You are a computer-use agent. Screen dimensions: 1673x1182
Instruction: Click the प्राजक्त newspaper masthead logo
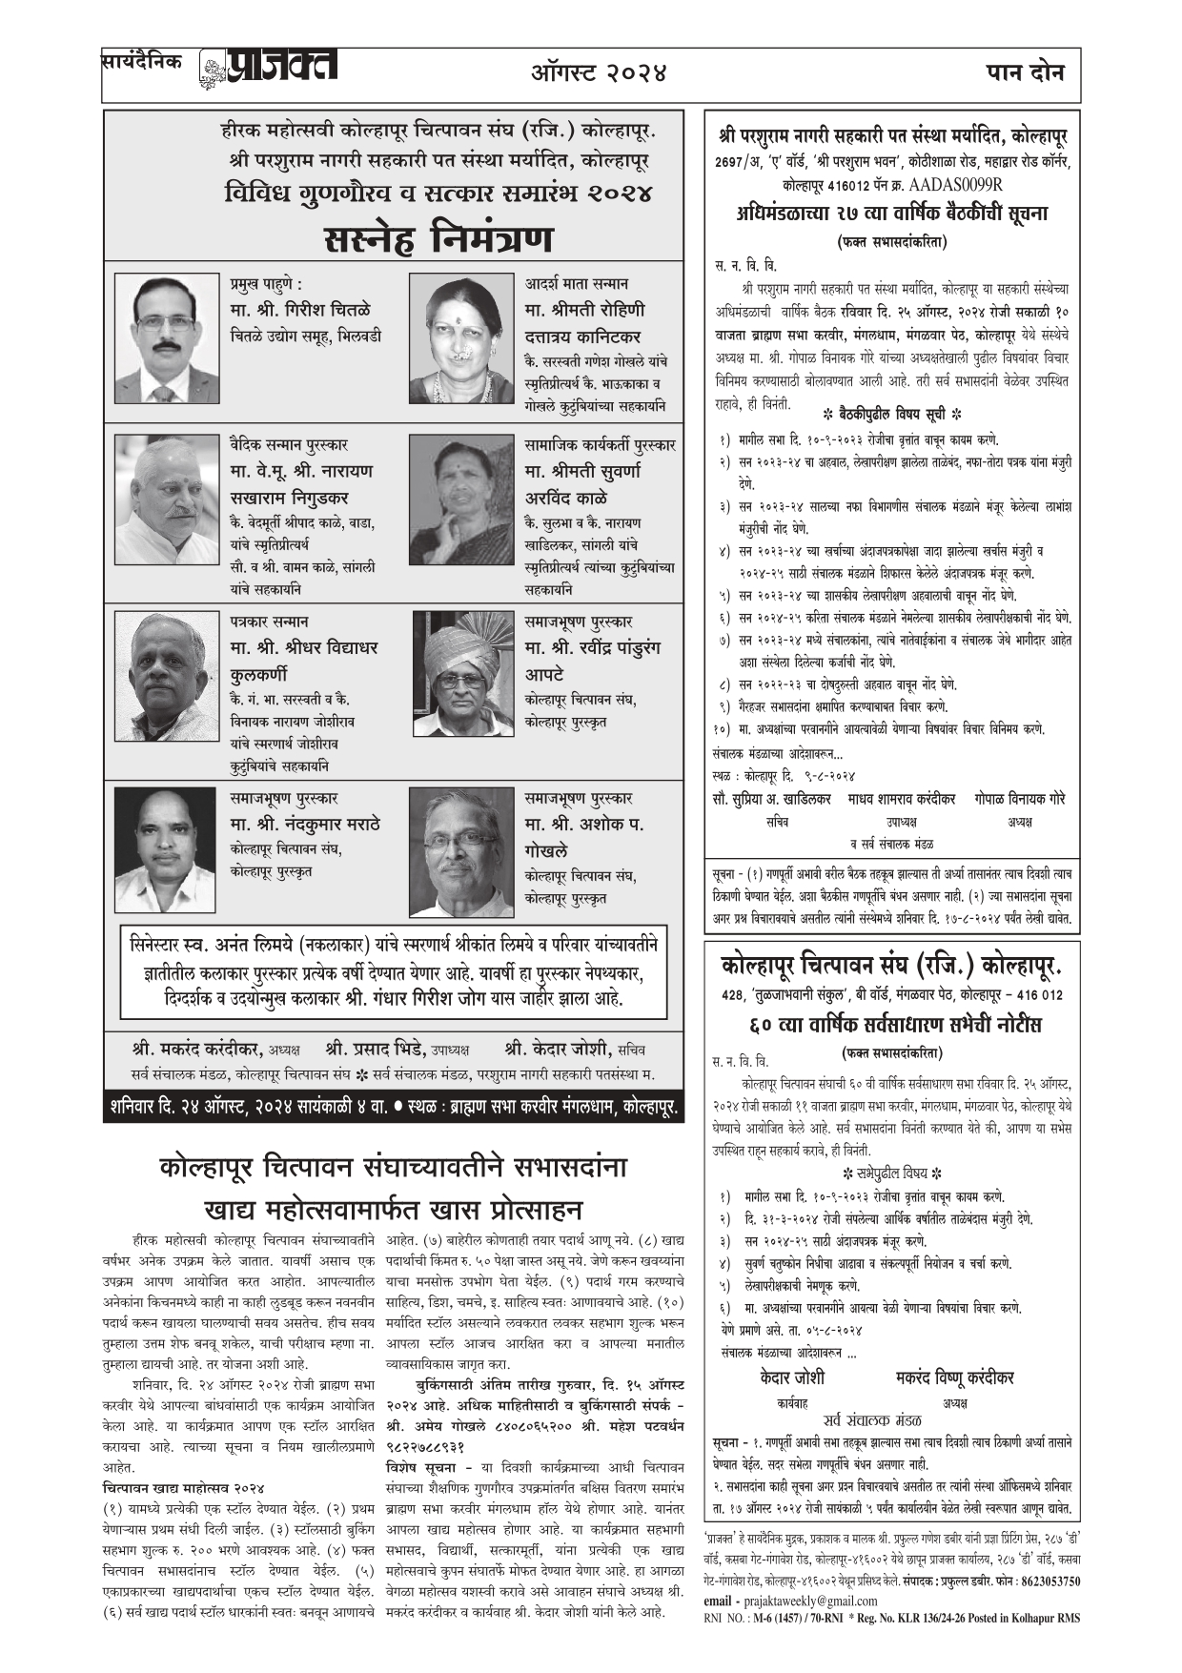click(x=270, y=69)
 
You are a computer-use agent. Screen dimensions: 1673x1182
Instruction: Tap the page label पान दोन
click(x=1025, y=71)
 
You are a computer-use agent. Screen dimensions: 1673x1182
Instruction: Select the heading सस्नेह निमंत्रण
click(x=438, y=237)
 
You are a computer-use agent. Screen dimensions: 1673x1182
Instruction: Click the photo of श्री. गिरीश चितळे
click(x=168, y=338)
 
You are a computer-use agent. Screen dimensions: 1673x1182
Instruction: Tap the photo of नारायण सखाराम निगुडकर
click(x=168, y=500)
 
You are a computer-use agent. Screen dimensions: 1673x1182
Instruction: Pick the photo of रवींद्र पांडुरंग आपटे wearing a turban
click(x=463, y=674)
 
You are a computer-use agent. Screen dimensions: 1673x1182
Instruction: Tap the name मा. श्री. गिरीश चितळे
click(x=300, y=310)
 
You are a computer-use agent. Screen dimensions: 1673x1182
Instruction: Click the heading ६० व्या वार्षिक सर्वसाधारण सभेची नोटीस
click(x=893, y=1025)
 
